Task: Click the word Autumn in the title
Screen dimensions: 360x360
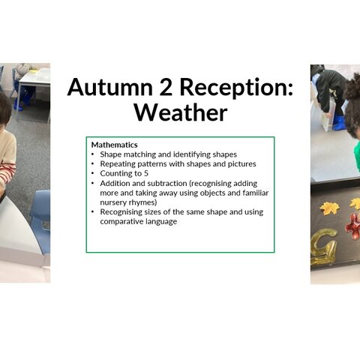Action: click(110, 87)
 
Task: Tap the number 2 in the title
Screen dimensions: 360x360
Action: click(166, 87)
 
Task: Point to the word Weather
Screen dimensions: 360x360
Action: click(181, 112)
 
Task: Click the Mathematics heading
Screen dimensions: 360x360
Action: click(114, 145)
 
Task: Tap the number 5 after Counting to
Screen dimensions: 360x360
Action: click(146, 173)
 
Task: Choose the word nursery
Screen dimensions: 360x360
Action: click(113, 202)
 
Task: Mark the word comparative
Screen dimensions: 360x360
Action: click(121, 222)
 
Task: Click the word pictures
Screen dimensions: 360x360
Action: click(241, 164)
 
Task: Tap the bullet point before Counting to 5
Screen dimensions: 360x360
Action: click(93, 173)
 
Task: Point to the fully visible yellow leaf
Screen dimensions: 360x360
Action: click(330, 208)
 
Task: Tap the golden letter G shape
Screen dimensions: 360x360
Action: click(324, 247)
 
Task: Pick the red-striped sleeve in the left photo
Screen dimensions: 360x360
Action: click(7, 173)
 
